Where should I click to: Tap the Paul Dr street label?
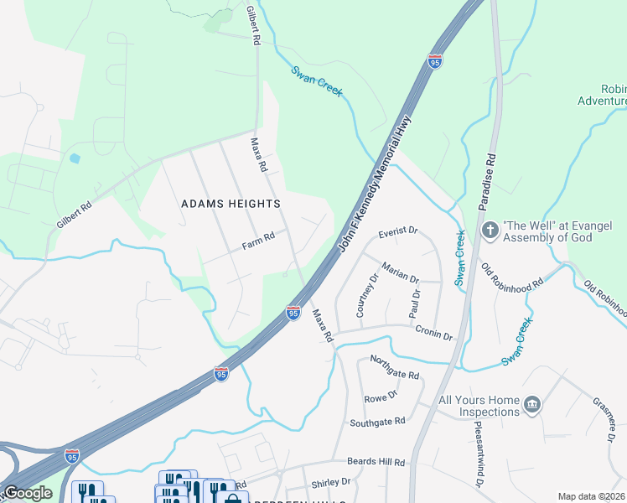pos(413,303)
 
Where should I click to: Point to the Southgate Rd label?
pos(377,422)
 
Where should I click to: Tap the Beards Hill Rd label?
pos(376,462)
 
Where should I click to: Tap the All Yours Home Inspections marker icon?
pos(531,407)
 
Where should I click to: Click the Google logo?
pos(27,493)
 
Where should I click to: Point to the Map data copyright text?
pos(591,496)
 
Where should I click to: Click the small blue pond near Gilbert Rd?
pos(75,158)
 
